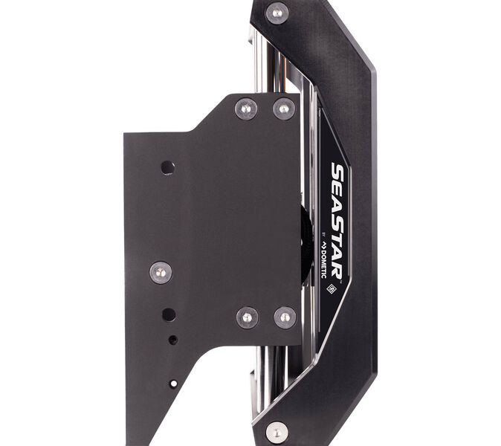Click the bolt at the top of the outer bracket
277,13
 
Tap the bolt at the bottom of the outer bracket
277,433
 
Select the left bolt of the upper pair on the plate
246,109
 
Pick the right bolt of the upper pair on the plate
284,109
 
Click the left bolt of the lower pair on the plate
248,317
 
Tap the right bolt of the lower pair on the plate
285,317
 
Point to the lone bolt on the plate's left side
161,273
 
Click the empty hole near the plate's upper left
168,168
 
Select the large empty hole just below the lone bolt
169,315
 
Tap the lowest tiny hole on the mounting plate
173,383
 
